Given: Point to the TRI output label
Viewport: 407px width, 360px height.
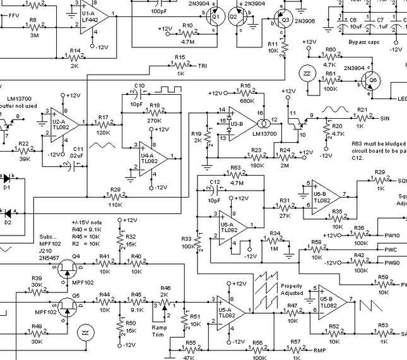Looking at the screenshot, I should click(202, 66).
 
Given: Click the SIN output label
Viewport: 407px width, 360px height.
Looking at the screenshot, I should click(386, 118).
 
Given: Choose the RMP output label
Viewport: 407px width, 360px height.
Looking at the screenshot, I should click(319, 349).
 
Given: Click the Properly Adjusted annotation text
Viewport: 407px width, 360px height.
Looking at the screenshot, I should click(292, 289).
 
